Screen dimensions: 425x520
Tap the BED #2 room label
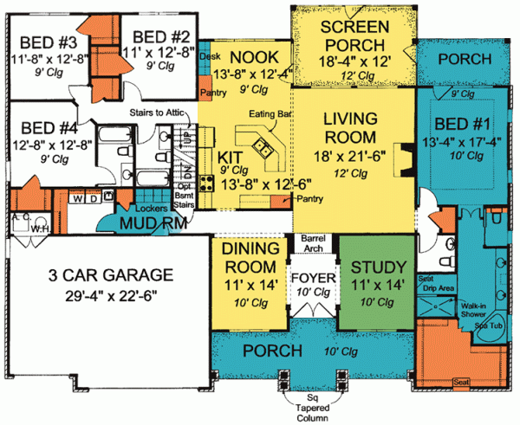coord(161,35)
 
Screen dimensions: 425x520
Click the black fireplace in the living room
coord(402,157)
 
